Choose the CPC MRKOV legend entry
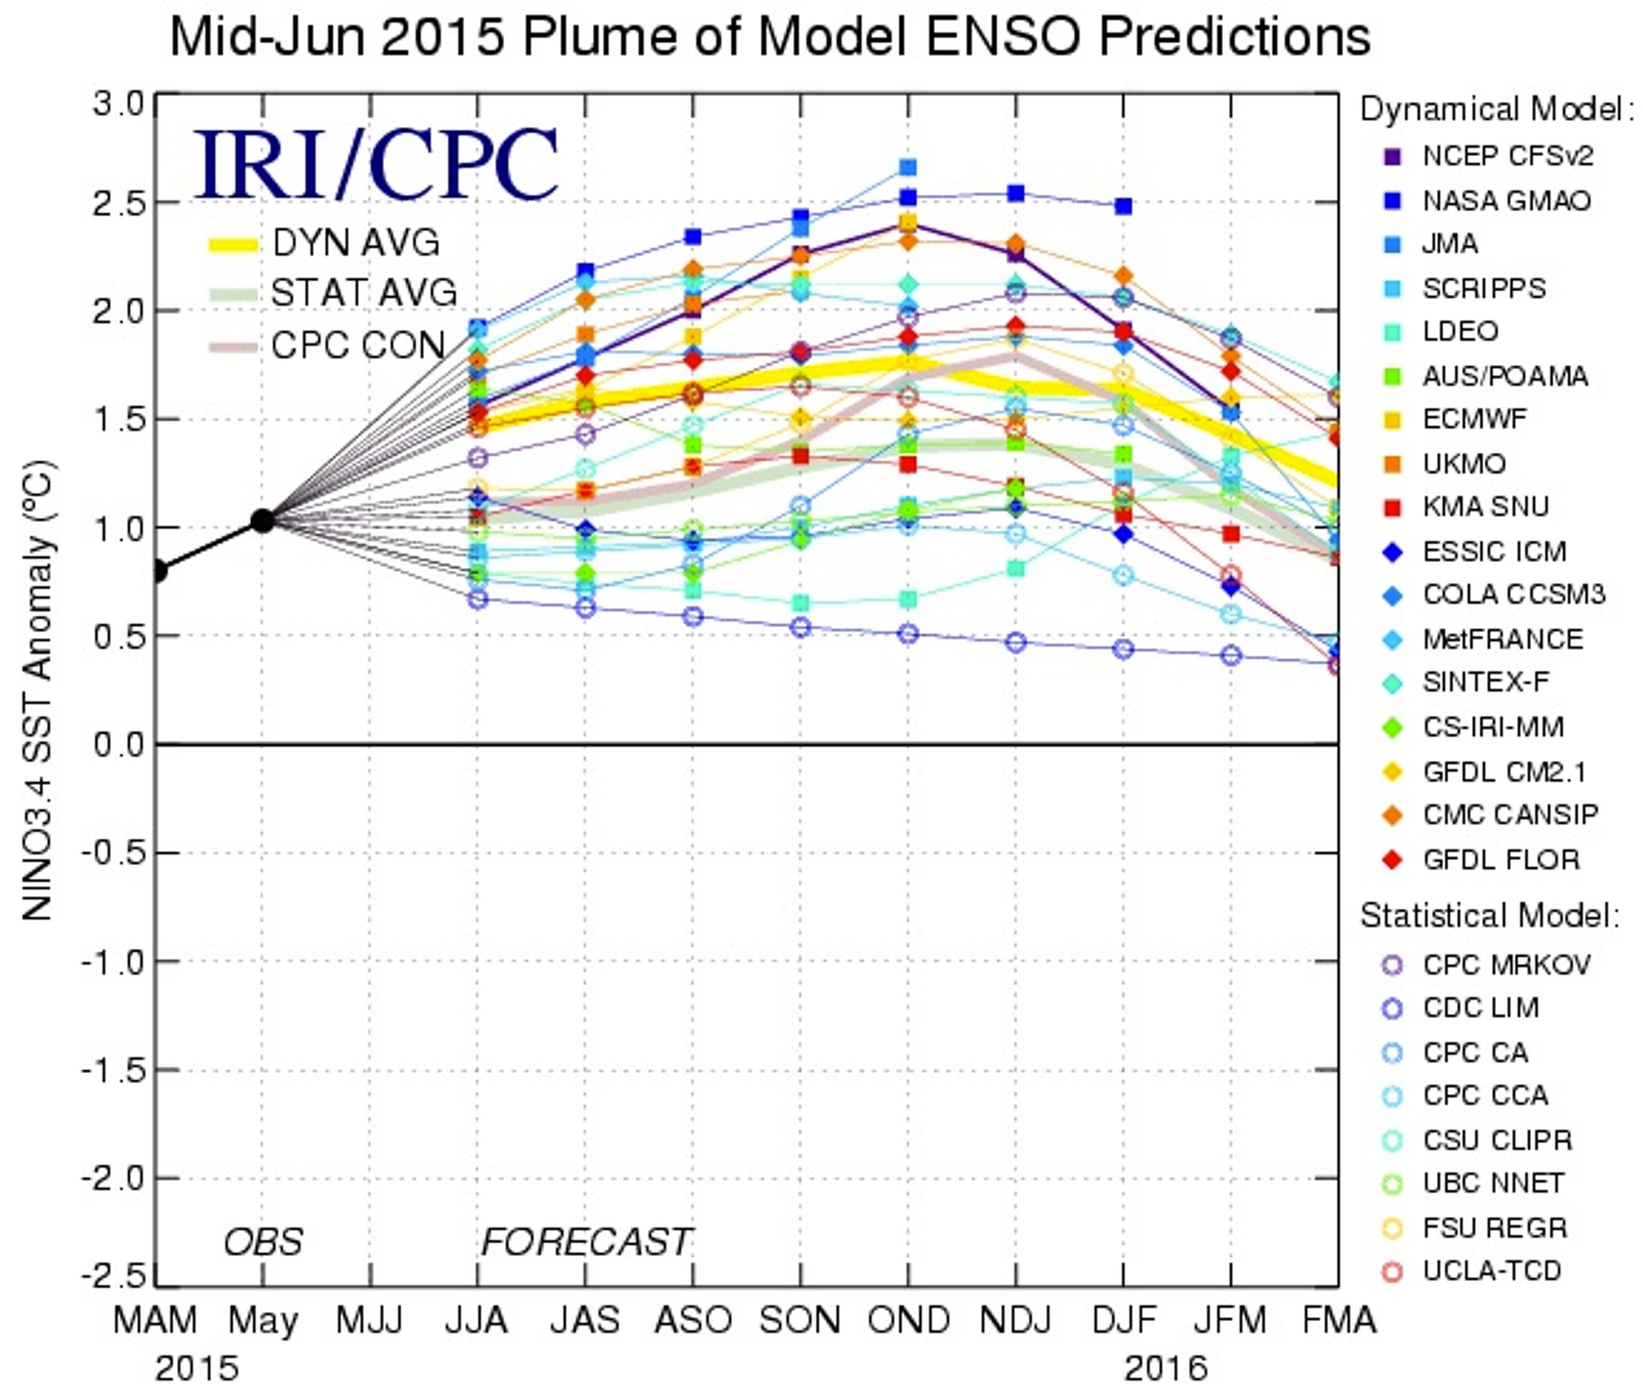pyautogui.click(x=1505, y=964)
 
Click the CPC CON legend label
pyautogui.click(x=357, y=345)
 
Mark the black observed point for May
pyautogui.click(x=262, y=521)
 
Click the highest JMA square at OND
pyautogui.click(x=908, y=167)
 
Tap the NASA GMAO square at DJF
pyautogui.click(x=1123, y=206)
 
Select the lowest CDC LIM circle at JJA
pyautogui.click(x=477, y=599)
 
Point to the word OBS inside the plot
pyautogui.click(x=263, y=1242)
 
